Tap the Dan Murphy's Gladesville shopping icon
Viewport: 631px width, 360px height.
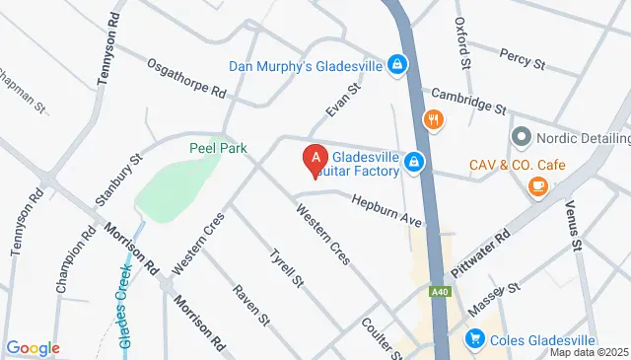[x=396, y=66]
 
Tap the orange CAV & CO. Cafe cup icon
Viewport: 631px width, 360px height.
[x=537, y=186]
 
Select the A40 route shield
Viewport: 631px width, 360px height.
[x=441, y=292]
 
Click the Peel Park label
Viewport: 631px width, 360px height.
[x=217, y=148]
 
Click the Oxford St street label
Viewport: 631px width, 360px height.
[x=459, y=39]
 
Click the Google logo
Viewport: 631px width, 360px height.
[x=33, y=347]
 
